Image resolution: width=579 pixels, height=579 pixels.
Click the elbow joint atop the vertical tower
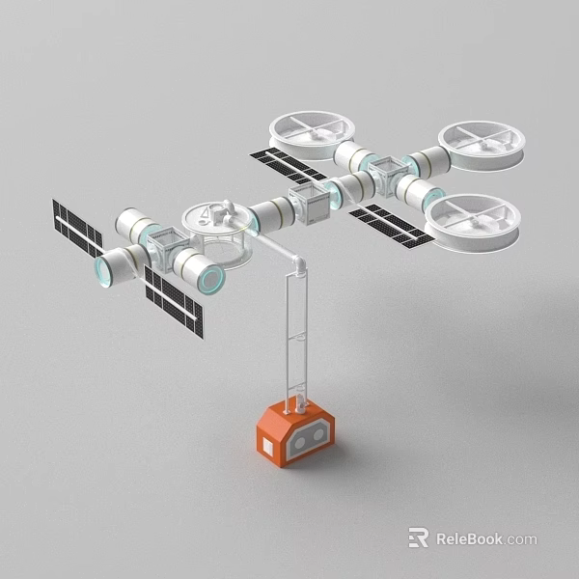coord(300,263)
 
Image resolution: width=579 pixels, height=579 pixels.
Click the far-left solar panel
coord(77,229)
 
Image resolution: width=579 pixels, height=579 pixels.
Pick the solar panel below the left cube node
coord(174,301)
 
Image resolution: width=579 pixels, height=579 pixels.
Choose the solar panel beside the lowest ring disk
coord(392,225)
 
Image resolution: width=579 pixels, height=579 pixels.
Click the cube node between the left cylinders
coord(165,249)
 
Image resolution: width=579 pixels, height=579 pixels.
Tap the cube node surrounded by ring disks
coord(386,176)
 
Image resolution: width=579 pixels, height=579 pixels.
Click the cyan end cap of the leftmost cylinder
coord(102,270)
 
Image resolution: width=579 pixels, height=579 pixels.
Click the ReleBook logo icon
coord(418,538)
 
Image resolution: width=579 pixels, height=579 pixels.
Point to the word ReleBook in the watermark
coord(469,538)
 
